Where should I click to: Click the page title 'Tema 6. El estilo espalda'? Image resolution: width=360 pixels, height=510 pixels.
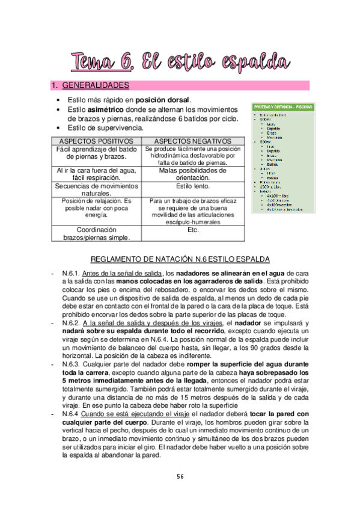pyautogui.click(x=180, y=61)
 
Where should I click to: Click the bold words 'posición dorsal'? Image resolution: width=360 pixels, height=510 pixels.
pyautogui.click(x=163, y=99)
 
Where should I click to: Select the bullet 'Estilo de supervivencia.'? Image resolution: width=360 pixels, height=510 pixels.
pyautogui.click(x=105, y=127)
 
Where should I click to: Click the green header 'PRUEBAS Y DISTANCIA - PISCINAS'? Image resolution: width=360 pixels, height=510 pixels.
pyautogui.click(x=282, y=106)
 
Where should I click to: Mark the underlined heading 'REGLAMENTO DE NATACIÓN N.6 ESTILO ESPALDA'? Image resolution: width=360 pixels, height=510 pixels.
pyautogui.click(x=180, y=259)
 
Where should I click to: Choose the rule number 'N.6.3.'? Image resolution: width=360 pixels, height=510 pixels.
pyautogui.click(x=72, y=364)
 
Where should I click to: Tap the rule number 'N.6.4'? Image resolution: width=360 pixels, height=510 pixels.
pyautogui.click(x=72, y=414)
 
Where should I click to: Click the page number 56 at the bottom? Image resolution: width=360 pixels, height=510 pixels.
pyautogui.click(x=180, y=476)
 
